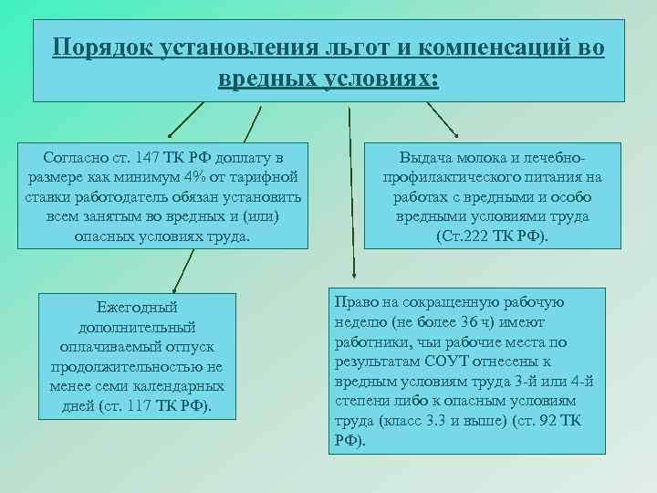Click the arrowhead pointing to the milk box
pyautogui.click(x=455, y=134)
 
